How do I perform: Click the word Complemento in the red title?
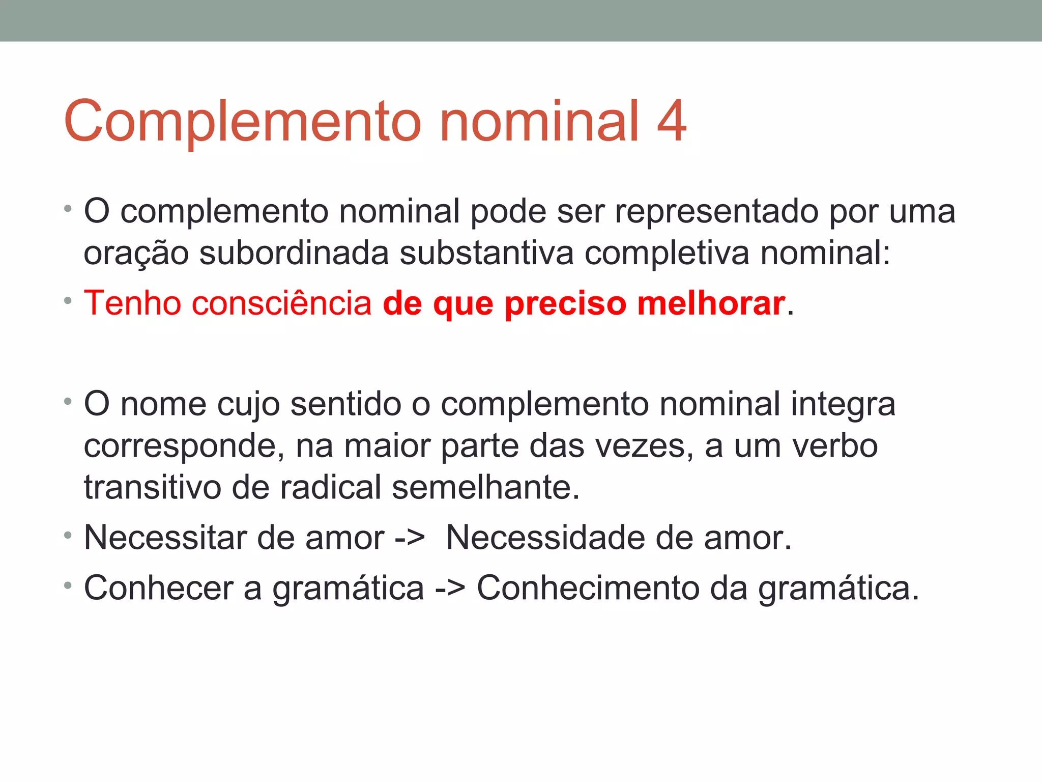pyautogui.click(x=242, y=122)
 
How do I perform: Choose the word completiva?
pyautogui.click(x=667, y=254)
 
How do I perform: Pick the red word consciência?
pyautogui.click(x=282, y=304)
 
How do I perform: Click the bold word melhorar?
pyautogui.click(x=711, y=303)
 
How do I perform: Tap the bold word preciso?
pyautogui.click(x=565, y=304)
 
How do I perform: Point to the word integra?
pyautogui.click(x=843, y=405)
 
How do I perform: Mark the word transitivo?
pyautogui.click(x=152, y=487)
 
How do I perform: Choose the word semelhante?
pyautogui.click(x=485, y=487)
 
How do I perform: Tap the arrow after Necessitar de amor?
pyautogui.click(x=410, y=539)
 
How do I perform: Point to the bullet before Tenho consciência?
pyautogui.click(x=68, y=301)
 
